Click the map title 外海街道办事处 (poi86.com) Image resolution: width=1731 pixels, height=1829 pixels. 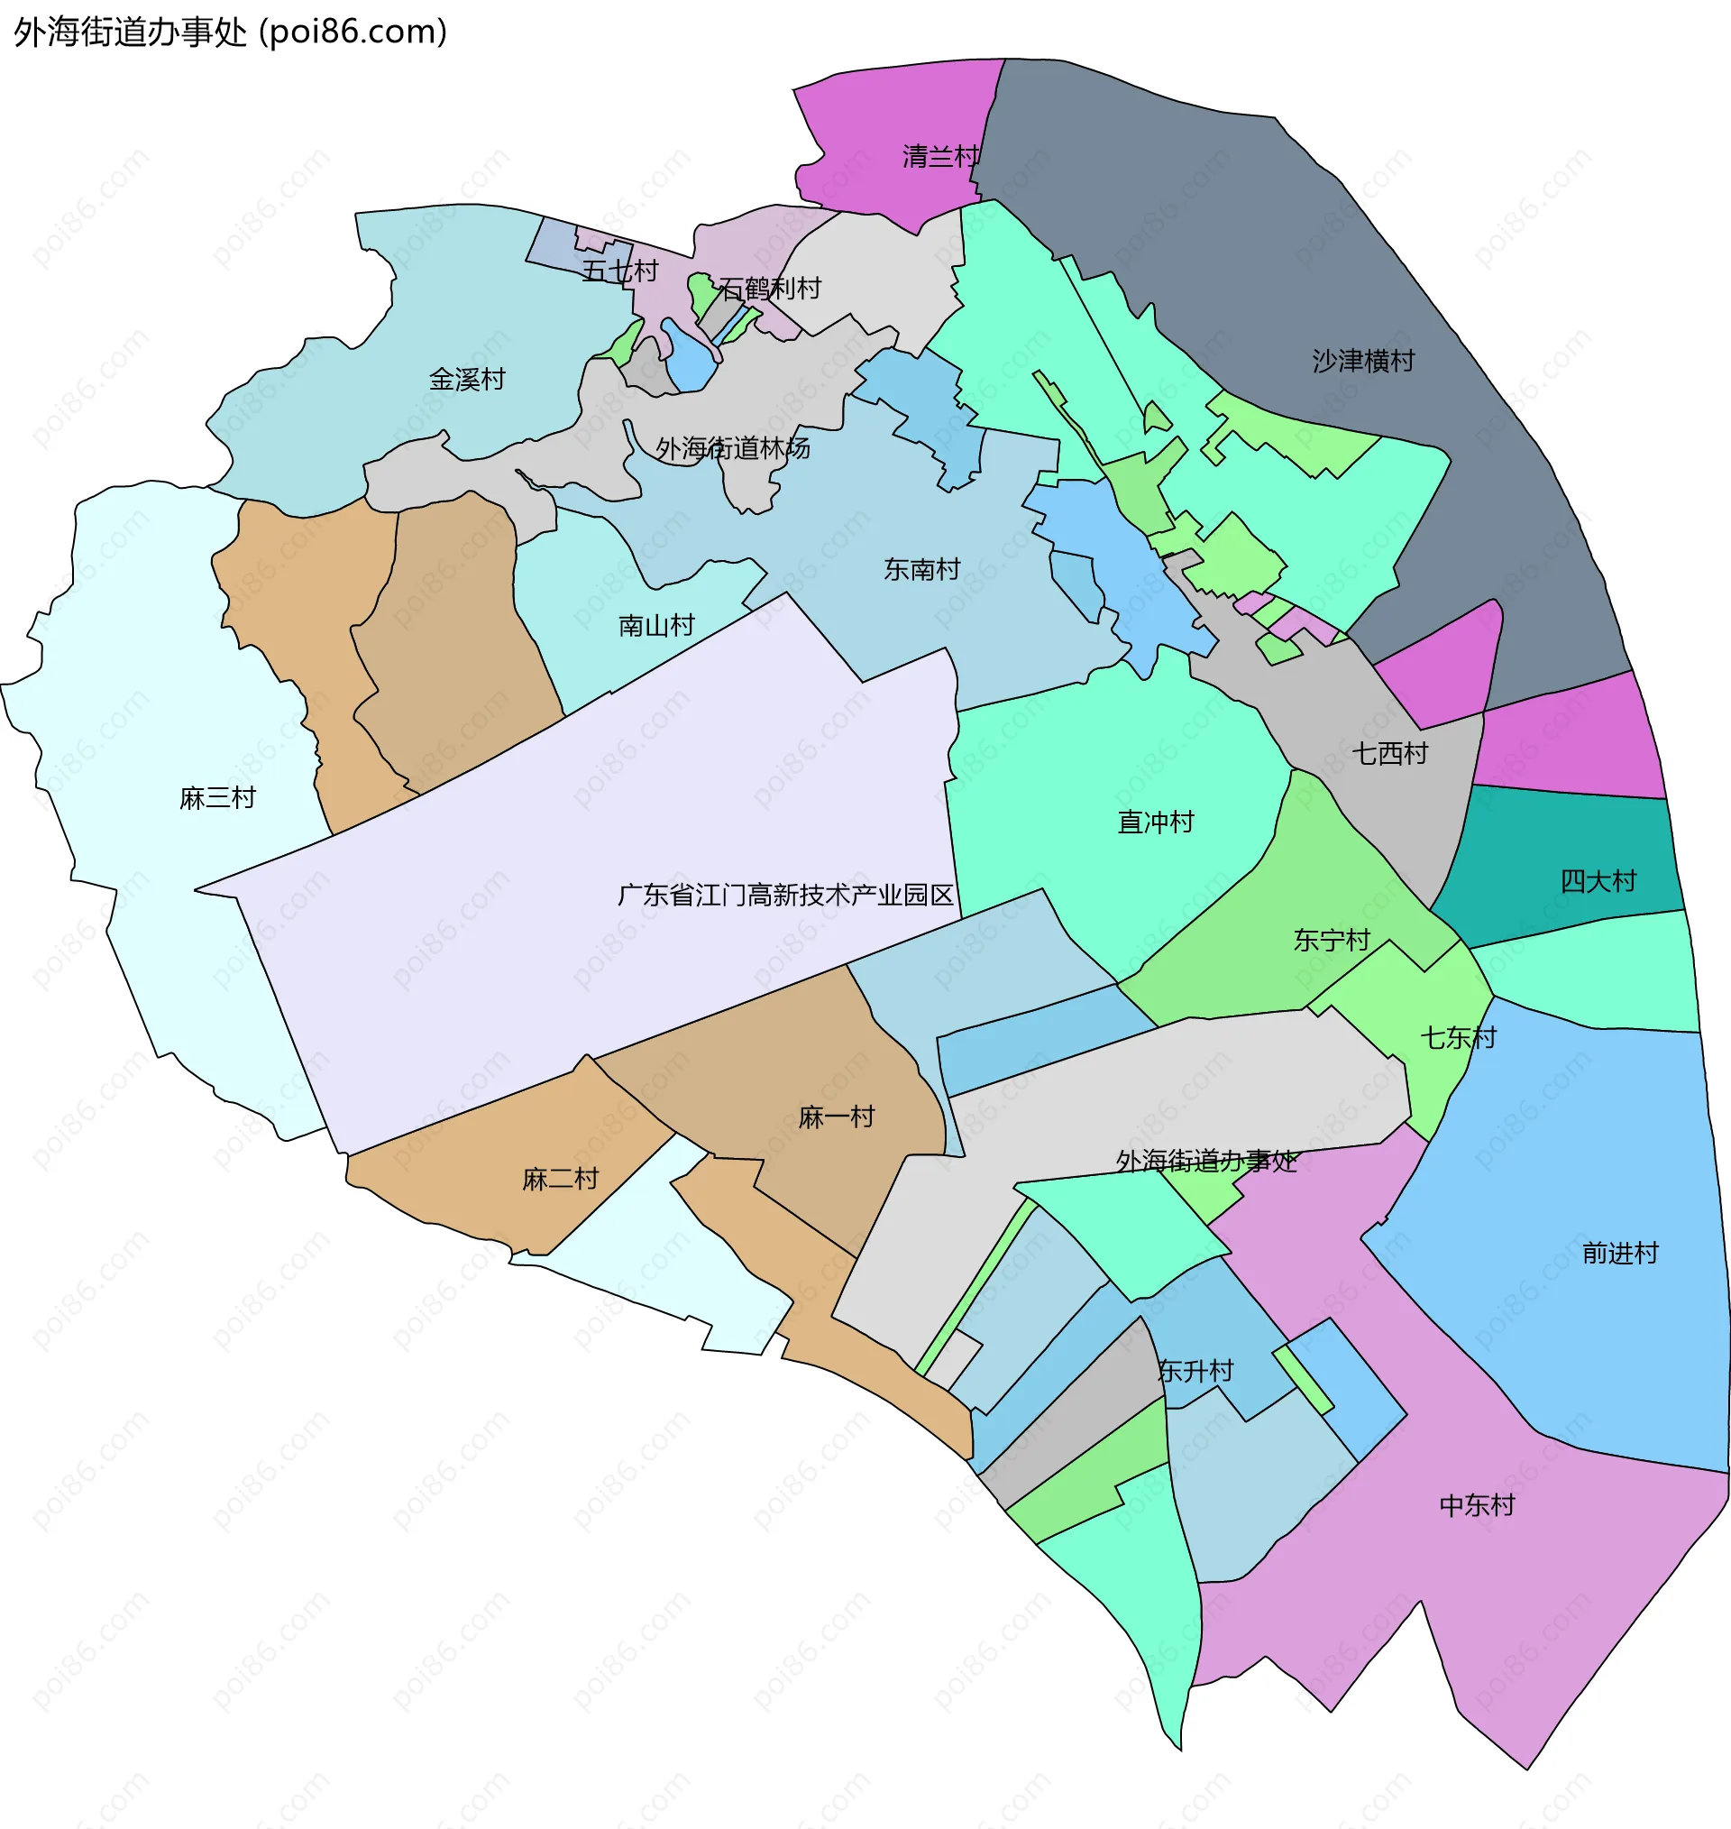pyautogui.click(x=230, y=32)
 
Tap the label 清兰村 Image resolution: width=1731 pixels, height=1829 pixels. pyautogui.click(x=940, y=157)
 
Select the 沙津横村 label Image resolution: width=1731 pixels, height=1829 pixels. pyautogui.click(x=1363, y=361)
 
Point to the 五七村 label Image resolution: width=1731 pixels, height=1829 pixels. pyautogui.click(x=620, y=271)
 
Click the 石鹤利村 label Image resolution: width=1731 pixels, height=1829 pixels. pyautogui.click(x=770, y=290)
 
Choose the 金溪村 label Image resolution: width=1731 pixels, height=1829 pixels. pyautogui.click(x=467, y=380)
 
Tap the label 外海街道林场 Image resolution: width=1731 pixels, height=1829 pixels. pyautogui.click(x=733, y=448)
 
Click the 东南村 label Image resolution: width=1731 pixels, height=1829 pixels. pyautogui.click(x=921, y=569)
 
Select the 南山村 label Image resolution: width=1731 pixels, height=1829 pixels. pyautogui.click(x=656, y=626)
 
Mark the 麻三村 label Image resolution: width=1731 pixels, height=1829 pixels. pyautogui.click(x=218, y=798)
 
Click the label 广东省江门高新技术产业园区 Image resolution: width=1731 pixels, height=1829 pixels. pyautogui.click(x=785, y=896)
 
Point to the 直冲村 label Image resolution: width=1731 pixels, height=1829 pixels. pyautogui.click(x=1155, y=823)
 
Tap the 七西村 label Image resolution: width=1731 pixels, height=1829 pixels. pyautogui.click(x=1389, y=754)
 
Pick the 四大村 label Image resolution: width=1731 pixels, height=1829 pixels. pyautogui.click(x=1598, y=881)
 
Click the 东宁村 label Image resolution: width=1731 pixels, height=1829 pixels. pyautogui.click(x=1332, y=941)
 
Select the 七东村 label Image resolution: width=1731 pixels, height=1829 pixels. pyautogui.click(x=1458, y=1038)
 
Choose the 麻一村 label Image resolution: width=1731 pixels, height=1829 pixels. pyautogui.click(x=836, y=1117)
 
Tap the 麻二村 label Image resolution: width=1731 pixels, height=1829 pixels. pyautogui.click(x=560, y=1180)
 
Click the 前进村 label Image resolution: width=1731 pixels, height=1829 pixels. pyautogui.click(x=1620, y=1254)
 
